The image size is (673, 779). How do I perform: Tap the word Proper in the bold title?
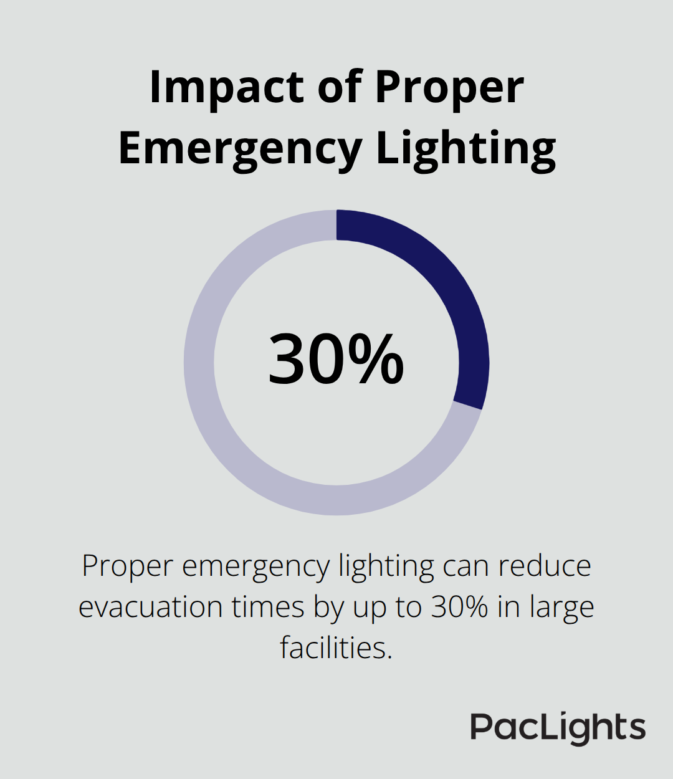449,88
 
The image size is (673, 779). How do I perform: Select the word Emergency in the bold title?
240,149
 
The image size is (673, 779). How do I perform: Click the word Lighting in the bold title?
465,149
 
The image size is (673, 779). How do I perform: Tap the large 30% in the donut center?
336,360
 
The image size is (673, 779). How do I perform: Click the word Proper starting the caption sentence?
127,566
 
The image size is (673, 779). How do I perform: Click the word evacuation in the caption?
150,607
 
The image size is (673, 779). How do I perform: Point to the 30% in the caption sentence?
459,607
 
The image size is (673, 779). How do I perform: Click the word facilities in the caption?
336,648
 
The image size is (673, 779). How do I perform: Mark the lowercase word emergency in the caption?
255,566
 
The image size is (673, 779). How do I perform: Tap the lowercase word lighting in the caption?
386,566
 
